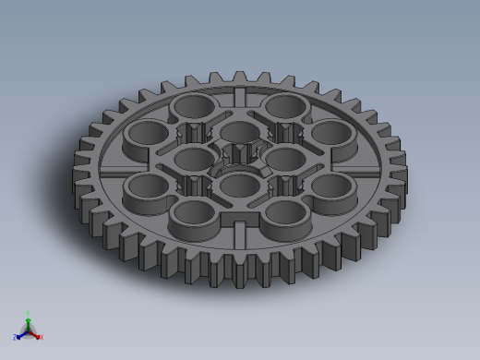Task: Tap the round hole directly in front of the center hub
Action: pos(239,186)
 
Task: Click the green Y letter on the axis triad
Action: pos(29,313)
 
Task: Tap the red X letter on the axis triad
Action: pos(41,338)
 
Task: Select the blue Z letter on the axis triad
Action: pos(15,338)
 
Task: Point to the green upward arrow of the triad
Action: pos(29,322)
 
